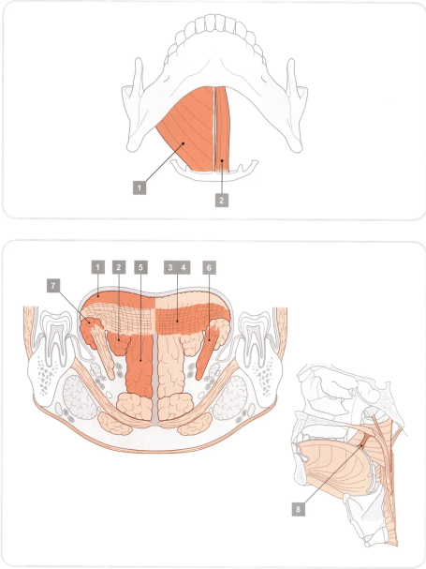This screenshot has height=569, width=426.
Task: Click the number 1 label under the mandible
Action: [x=140, y=188]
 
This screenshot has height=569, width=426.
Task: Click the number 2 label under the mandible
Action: [x=222, y=200]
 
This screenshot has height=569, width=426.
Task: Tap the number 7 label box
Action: [x=53, y=286]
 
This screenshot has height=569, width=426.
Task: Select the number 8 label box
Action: [x=298, y=509]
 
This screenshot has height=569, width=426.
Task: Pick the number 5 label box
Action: [x=140, y=267]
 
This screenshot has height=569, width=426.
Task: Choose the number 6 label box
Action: [x=209, y=267]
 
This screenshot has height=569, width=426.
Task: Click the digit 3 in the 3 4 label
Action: [x=170, y=267]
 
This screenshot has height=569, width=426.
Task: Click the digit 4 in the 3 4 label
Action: [x=184, y=267]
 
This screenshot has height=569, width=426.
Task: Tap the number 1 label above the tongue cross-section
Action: [x=98, y=267]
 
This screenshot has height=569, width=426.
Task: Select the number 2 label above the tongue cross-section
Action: [x=119, y=267]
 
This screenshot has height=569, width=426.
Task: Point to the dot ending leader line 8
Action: [x=361, y=445]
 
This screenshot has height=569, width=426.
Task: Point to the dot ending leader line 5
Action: [x=140, y=360]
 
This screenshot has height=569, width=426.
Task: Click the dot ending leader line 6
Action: [x=209, y=339]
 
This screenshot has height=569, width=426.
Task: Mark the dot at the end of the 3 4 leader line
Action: [x=177, y=321]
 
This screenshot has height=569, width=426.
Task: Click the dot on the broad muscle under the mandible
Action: [x=184, y=143]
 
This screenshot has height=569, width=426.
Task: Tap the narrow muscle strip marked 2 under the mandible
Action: [x=222, y=129]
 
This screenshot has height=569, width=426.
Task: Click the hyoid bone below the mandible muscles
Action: [x=214, y=170]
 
